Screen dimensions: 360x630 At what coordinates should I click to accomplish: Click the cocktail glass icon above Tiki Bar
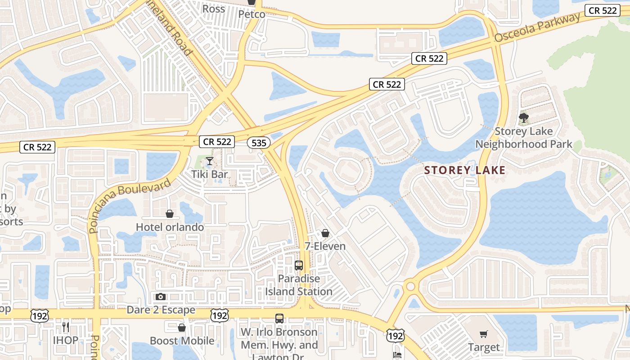tap(209, 161)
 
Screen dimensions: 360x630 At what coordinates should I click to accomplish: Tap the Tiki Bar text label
tap(210, 174)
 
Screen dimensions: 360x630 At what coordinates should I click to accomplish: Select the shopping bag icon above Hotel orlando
tap(170, 214)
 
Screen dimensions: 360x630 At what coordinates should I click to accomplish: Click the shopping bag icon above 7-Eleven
tap(325, 233)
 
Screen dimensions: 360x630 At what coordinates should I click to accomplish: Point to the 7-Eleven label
tap(325, 246)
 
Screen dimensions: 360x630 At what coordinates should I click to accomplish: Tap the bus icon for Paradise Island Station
tap(299, 265)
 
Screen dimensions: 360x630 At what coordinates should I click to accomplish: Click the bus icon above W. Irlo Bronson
tap(279, 319)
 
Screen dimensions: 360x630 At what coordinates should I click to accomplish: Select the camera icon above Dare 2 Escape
tap(161, 297)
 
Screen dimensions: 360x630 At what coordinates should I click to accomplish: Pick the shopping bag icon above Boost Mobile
tap(182, 328)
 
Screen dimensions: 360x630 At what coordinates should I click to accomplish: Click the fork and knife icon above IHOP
tap(66, 327)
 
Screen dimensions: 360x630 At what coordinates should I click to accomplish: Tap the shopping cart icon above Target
tap(484, 334)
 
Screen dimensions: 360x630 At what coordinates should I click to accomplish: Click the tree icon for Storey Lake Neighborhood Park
tap(523, 118)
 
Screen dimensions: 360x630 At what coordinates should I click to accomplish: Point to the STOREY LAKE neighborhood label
tap(465, 171)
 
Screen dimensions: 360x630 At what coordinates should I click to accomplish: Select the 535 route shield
tap(259, 143)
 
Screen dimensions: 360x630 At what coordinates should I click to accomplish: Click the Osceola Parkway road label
tap(537, 28)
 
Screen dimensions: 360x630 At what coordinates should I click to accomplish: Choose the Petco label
tap(252, 14)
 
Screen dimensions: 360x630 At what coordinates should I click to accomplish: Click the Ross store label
tap(214, 9)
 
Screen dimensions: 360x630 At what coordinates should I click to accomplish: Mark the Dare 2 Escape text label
tap(161, 310)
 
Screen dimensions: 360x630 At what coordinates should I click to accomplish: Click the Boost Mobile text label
tap(182, 341)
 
